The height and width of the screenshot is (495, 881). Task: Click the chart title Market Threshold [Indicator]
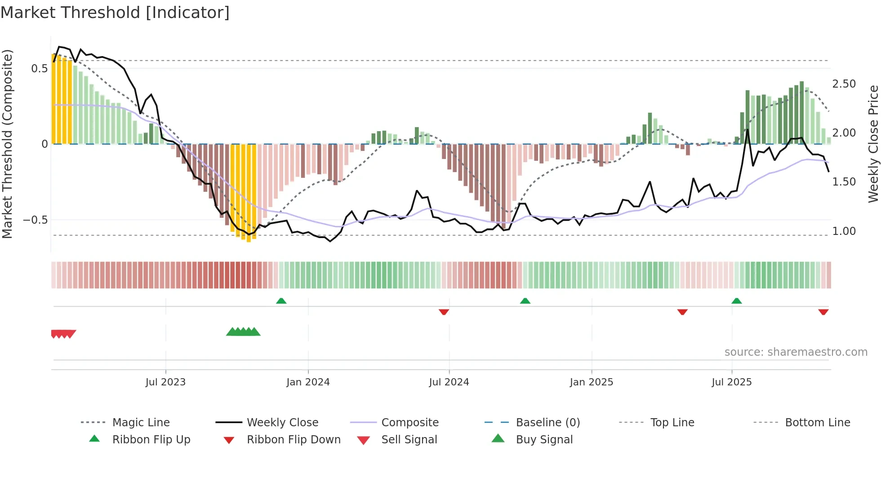pos(115,13)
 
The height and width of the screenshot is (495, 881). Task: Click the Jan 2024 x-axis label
pos(308,382)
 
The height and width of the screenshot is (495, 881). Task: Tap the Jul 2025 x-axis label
pos(731,382)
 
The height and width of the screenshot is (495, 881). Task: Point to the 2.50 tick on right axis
pos(844,84)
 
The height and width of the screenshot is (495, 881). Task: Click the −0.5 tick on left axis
pos(36,220)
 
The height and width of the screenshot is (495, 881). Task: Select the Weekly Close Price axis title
pos(873,144)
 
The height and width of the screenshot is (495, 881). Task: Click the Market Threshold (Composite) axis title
pos(7,144)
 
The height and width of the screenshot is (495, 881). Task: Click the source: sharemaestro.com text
pos(796,352)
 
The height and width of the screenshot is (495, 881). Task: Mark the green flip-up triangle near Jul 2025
pos(736,301)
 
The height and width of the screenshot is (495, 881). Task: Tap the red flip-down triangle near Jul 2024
pos(444,312)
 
